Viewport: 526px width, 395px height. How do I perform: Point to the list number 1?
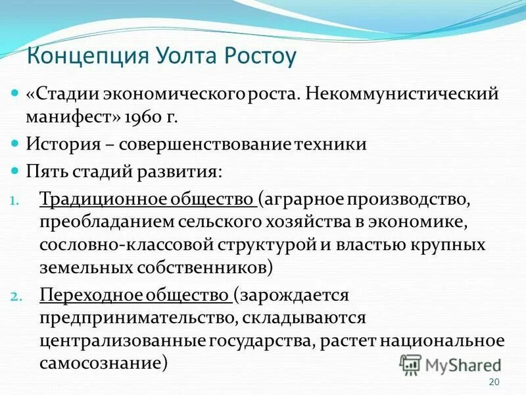(17, 199)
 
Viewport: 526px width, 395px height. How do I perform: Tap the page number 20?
(496, 383)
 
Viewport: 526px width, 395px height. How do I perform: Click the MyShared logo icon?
(410, 363)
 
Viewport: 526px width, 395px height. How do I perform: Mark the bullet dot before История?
(16, 144)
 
